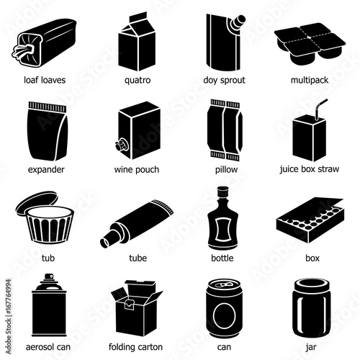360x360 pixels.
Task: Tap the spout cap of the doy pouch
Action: coord(238,21)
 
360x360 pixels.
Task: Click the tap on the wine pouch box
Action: coord(121,145)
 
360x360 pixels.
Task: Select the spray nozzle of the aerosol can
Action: coord(49,276)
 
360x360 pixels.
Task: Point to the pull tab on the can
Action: coord(223,285)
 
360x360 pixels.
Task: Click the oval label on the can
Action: coord(225,316)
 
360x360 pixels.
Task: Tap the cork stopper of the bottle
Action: coord(222,192)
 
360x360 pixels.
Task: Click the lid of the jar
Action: coord(312,285)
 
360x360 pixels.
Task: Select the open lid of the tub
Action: coord(36,201)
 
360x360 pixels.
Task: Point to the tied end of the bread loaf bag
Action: coord(23,51)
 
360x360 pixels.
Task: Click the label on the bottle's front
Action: coord(223,230)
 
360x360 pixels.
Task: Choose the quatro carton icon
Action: coord(137,41)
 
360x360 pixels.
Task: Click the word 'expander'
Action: coord(46,170)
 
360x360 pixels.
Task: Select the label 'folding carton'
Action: coord(135,347)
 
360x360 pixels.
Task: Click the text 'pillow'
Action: coord(226,170)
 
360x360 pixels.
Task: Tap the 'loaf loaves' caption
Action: coord(45,80)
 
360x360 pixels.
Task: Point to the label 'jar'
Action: coord(311,347)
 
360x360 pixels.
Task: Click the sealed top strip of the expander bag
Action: coord(48,107)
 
